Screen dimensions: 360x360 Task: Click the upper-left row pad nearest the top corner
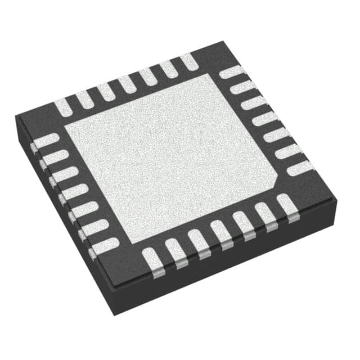189,62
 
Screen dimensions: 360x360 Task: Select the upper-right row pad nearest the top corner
232,72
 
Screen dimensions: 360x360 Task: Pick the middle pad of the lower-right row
221,233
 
